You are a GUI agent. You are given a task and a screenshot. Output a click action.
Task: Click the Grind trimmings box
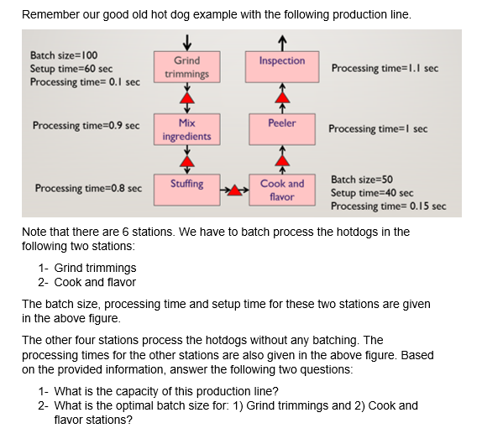pos(186,67)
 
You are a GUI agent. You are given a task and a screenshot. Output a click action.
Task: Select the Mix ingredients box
pos(186,129)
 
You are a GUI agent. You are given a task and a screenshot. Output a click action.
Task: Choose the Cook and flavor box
pos(282,189)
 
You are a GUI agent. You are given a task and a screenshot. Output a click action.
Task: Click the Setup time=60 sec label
pos(71,69)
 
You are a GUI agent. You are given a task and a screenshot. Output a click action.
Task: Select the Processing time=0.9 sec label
pos(86,126)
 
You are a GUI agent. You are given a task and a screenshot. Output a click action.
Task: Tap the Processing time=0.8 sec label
pos(88,189)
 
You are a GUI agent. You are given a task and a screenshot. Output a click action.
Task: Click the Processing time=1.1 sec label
pos(385,67)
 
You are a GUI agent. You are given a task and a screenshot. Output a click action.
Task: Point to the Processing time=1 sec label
pos(378,129)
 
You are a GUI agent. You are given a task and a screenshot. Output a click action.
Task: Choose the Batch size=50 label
pos(362,180)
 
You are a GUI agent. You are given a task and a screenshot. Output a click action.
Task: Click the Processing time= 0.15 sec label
pos(388,206)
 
